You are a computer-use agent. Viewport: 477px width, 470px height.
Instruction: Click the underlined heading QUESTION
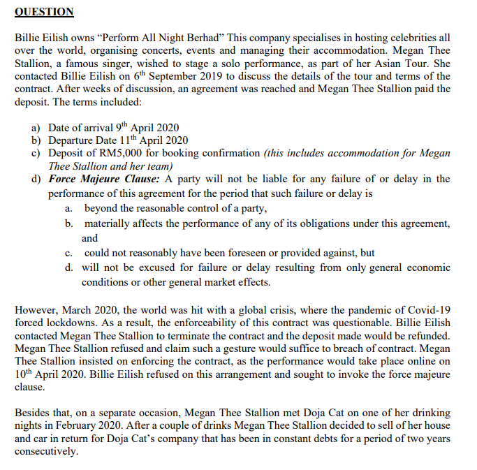44,12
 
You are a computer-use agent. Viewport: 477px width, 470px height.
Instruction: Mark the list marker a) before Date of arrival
36,128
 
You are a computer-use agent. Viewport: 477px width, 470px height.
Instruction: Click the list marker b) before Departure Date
36,140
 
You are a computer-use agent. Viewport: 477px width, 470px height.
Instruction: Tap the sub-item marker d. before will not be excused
68,267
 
